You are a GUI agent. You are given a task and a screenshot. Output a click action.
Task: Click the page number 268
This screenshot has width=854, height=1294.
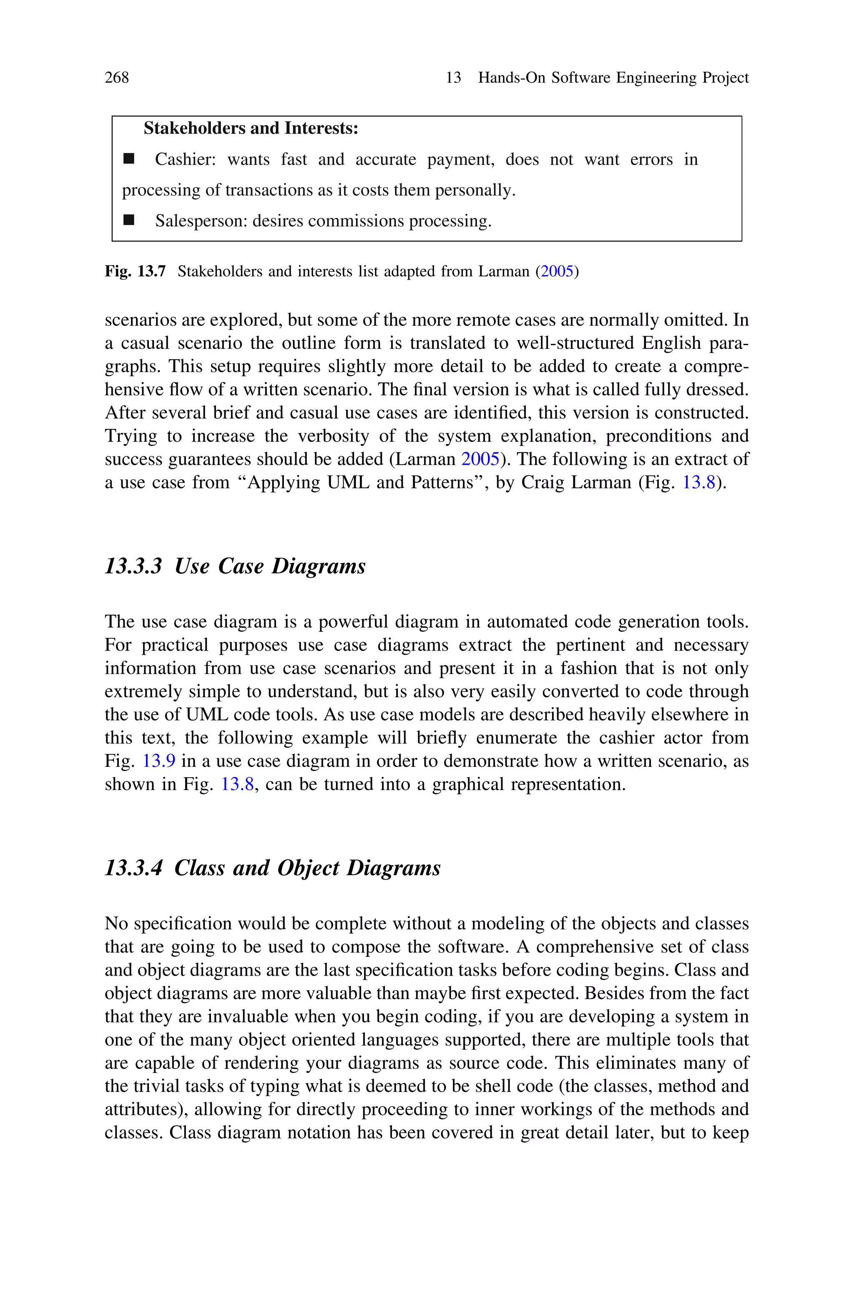pos(117,78)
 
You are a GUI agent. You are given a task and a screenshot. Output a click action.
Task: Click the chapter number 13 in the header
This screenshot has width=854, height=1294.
pos(453,78)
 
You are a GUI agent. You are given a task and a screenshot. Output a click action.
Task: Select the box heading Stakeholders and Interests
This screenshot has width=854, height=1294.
pos(251,128)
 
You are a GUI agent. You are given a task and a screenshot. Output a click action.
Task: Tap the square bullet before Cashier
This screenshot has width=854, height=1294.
pos(128,159)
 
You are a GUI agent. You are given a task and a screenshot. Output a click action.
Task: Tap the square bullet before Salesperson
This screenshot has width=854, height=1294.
pos(128,220)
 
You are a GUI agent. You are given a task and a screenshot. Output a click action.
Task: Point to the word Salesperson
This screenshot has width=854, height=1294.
pos(201,221)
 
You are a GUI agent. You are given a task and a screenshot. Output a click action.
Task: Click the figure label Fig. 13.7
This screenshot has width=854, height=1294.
pos(135,271)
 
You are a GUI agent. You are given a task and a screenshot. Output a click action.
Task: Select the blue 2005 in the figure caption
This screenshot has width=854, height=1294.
pos(557,271)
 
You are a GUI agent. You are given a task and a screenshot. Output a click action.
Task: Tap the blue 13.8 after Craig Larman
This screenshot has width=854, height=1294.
pos(699,483)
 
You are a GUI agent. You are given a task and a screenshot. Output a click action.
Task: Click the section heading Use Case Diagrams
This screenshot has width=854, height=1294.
pos(270,566)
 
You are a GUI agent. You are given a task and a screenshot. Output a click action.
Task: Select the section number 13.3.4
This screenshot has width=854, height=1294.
pos(133,868)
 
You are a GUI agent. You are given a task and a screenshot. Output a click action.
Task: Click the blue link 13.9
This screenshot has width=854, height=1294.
pos(158,761)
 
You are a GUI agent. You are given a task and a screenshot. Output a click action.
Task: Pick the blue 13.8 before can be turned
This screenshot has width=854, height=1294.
pos(237,784)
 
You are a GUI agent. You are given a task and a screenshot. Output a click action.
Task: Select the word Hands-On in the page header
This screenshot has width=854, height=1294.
pos(511,78)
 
